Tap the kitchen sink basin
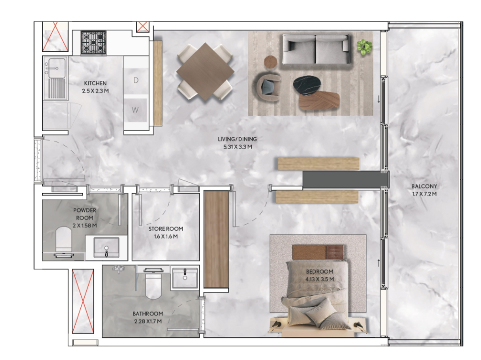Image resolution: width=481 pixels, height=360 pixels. click(55, 68)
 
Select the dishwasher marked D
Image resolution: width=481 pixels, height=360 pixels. click(136, 80)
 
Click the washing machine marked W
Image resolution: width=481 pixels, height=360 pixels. click(135, 110)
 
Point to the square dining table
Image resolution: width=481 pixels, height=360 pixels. click(205, 71)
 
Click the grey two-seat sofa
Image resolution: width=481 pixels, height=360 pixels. click(316, 49)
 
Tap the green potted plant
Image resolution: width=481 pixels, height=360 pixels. click(365, 47)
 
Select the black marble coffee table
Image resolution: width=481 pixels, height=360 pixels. click(307, 84)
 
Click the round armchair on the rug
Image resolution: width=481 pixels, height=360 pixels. click(269, 87)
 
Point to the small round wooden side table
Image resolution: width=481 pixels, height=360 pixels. click(271, 61)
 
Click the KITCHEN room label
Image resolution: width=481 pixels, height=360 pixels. click(95, 83)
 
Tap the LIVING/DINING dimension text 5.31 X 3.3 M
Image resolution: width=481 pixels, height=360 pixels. click(238, 147)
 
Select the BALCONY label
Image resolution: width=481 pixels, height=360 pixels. click(424, 186)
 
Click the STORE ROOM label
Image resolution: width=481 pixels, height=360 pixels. click(166, 229)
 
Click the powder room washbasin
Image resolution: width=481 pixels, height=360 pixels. click(106, 247)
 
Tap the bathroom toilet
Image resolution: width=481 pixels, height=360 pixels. click(153, 283)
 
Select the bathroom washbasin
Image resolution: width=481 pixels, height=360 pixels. click(185, 278)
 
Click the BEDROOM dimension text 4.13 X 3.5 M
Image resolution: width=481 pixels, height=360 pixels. click(319, 279)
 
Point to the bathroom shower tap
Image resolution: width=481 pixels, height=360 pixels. click(118, 269)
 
